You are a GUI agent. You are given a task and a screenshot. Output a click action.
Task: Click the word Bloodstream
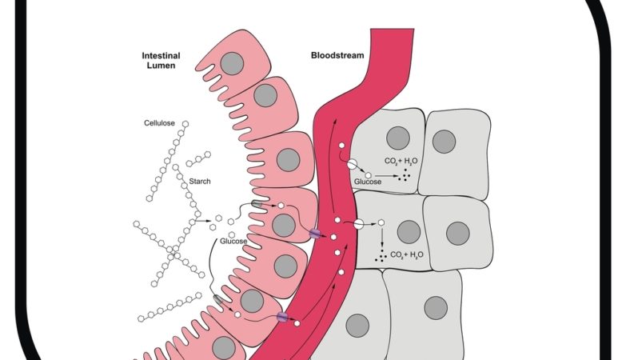[x=338, y=55]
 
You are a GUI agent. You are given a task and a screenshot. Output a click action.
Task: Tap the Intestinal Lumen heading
[x=160, y=60]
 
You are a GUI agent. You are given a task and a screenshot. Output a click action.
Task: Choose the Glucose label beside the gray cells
[x=369, y=182]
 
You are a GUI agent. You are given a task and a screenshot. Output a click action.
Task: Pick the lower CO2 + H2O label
[x=407, y=255]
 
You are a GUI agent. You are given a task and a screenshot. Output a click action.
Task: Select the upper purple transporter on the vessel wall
[x=315, y=233]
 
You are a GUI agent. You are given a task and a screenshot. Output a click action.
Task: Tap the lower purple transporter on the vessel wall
[x=281, y=318]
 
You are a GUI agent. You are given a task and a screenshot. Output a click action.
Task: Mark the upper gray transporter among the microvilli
[x=257, y=205]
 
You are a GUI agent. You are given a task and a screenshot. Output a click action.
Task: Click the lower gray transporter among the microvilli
[x=219, y=299]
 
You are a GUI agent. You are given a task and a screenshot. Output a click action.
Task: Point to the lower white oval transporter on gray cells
[x=359, y=224]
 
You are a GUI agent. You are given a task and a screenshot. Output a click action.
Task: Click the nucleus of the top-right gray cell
[x=444, y=141]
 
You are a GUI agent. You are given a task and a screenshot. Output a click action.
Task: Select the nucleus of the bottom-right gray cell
[x=435, y=306]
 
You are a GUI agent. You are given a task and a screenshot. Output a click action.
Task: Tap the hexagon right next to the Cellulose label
[x=185, y=123]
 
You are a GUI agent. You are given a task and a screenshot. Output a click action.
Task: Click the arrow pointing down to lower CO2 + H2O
[x=381, y=239]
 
